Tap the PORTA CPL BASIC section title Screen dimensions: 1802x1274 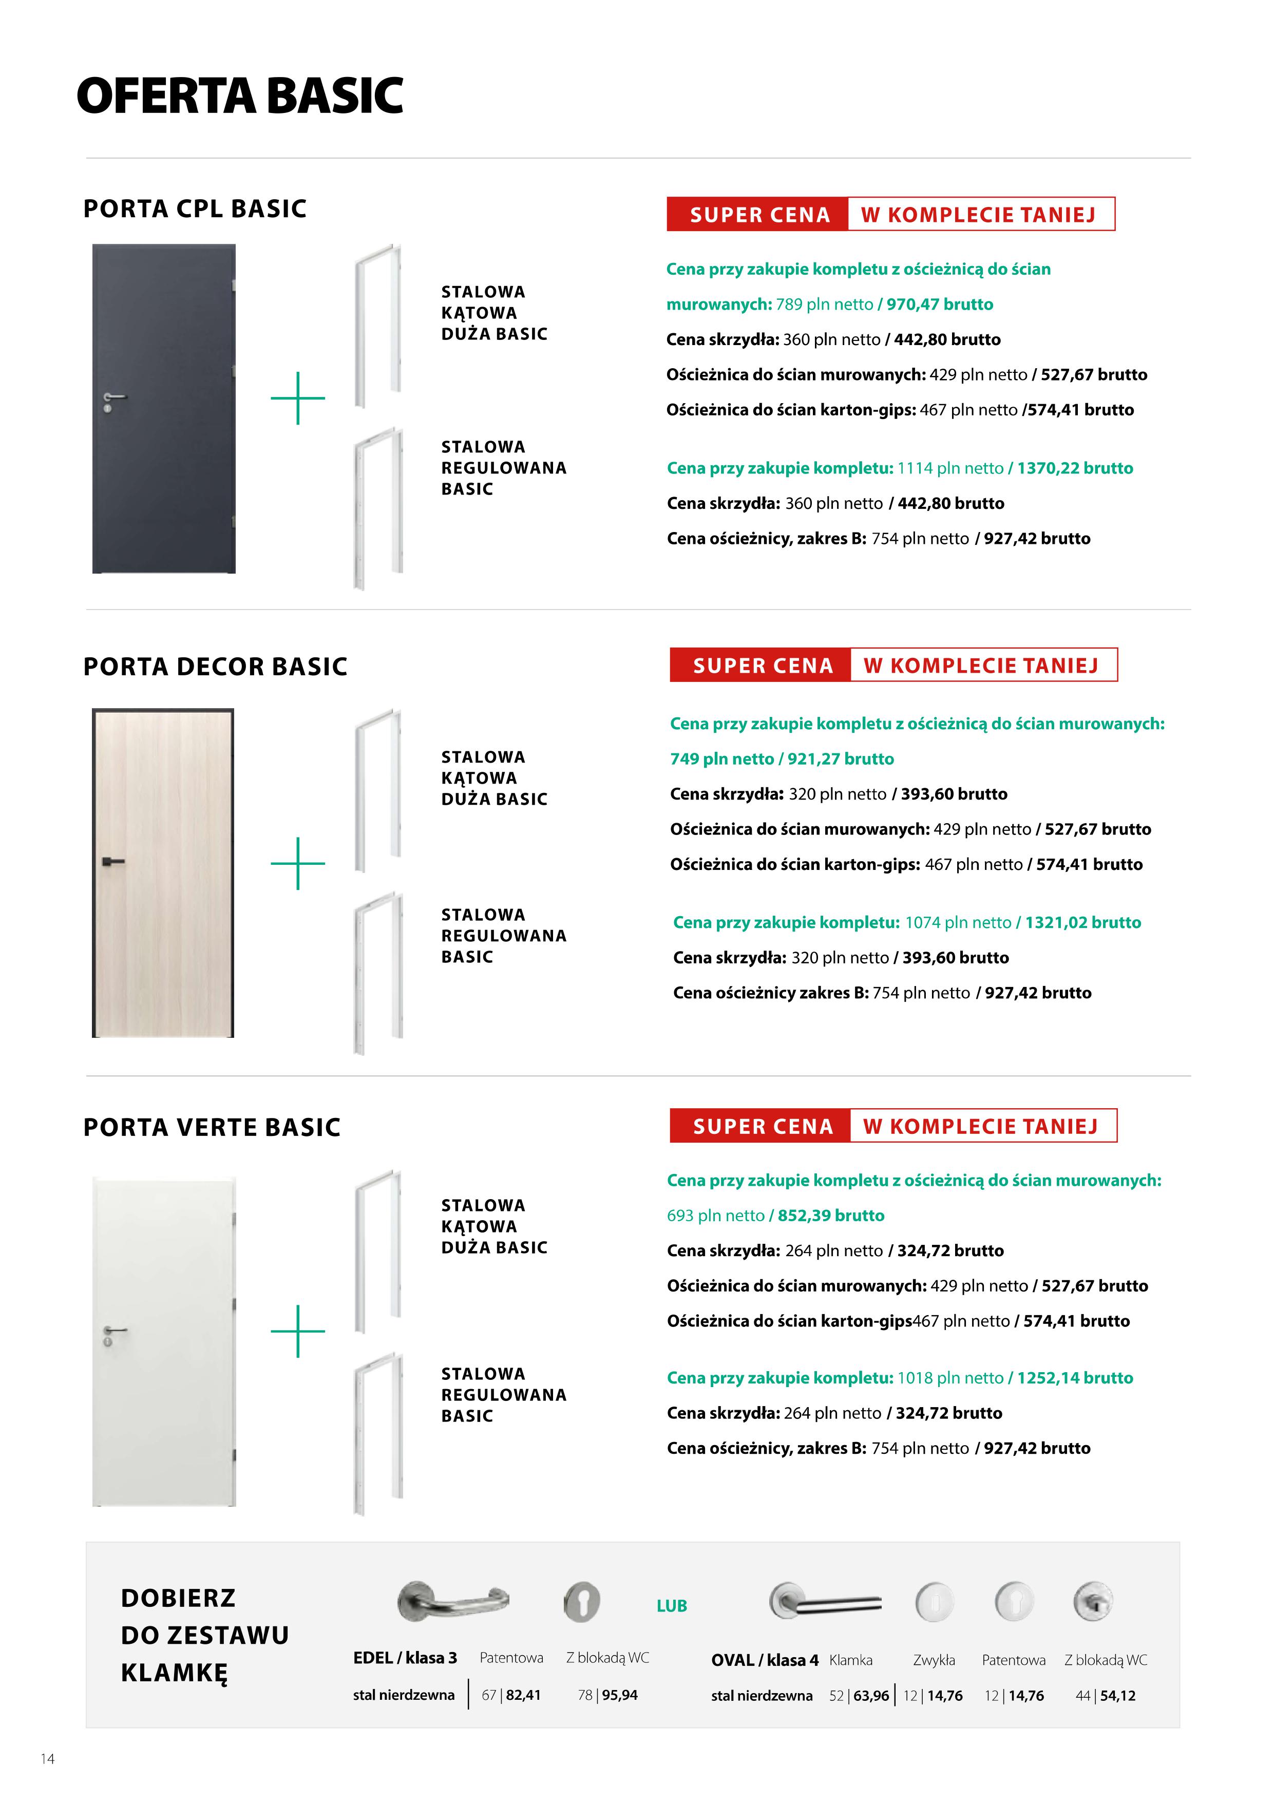195,209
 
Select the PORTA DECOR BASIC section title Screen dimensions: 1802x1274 215,667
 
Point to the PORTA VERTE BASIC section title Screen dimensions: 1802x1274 212,1127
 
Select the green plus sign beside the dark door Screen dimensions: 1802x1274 297,398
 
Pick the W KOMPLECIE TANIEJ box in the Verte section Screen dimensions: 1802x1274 981,1126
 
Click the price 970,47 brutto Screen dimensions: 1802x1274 940,305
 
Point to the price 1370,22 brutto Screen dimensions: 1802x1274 1075,468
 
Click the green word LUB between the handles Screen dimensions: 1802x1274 671,1606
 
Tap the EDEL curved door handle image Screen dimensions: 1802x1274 452,1601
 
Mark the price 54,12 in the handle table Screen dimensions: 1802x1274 1118,1695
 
